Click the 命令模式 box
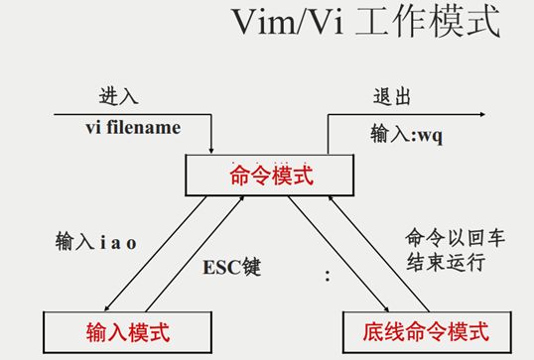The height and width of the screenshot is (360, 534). click(x=270, y=177)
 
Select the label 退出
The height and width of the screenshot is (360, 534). click(x=388, y=99)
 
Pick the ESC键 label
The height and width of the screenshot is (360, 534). click(x=232, y=268)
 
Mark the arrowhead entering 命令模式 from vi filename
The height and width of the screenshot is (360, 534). click(x=212, y=150)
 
